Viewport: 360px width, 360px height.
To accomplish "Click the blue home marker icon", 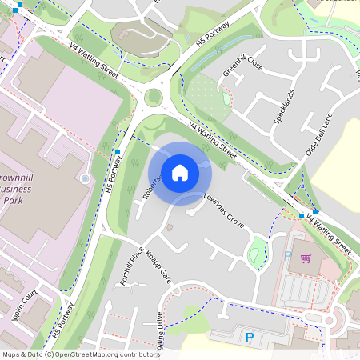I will pyautogui.click(x=180, y=172).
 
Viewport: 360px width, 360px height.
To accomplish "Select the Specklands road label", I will pyautogui.click(x=284, y=105).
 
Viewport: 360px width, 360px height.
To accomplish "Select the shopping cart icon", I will pyautogui.click(x=306, y=258).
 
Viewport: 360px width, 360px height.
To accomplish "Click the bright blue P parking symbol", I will pyautogui.click(x=250, y=338).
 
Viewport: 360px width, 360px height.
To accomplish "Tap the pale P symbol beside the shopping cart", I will pyautogui.click(x=288, y=257).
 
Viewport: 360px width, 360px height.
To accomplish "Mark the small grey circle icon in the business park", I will pyautogui.click(x=86, y=178).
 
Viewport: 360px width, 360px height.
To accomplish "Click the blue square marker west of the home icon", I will pyautogui.click(x=118, y=151).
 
